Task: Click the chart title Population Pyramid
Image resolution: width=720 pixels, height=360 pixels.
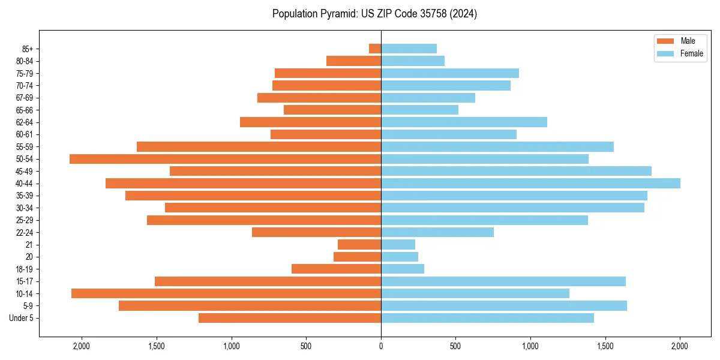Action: (374, 14)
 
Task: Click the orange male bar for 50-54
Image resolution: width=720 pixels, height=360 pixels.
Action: (225, 159)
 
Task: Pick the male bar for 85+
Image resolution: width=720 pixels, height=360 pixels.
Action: (375, 49)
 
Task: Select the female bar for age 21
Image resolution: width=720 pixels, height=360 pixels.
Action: (398, 245)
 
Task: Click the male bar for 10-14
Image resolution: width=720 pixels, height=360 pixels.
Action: (226, 293)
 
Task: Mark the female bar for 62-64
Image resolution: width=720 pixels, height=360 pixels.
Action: (464, 122)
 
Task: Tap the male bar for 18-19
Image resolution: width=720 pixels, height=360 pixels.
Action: (336, 269)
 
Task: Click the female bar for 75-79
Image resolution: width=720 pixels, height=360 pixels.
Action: (450, 73)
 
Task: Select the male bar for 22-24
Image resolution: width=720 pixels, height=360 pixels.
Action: (316, 232)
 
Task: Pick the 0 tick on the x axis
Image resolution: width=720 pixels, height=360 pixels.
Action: (381, 346)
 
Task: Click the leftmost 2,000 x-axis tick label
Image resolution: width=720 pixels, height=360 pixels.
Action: (82, 346)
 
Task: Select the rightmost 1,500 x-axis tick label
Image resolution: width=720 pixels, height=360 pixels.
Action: (605, 346)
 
